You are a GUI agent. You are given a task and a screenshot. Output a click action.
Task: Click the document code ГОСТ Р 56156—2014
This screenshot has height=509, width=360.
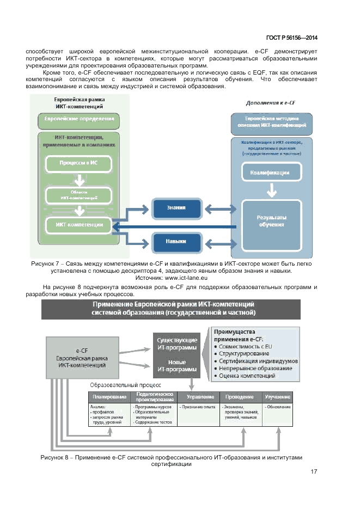tap(291, 38)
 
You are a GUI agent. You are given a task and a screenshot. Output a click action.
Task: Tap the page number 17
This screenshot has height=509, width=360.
tap(314, 471)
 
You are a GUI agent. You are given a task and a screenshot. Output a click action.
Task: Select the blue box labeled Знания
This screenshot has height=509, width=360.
tap(176, 207)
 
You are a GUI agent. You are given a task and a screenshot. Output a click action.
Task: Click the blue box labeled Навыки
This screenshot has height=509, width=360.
tap(176, 241)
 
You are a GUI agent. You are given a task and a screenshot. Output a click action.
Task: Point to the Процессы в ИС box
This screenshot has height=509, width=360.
tap(78, 163)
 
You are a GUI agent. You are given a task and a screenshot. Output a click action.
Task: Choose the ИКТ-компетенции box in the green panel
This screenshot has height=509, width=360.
tap(78, 224)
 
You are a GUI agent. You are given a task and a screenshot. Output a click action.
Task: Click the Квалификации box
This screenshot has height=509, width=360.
tap(270, 173)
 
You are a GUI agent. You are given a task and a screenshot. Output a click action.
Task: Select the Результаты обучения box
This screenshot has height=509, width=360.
tap(271, 221)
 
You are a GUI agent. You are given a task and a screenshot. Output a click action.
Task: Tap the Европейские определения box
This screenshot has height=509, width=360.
tap(79, 119)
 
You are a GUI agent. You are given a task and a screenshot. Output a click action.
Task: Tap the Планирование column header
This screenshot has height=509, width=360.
tap(109, 397)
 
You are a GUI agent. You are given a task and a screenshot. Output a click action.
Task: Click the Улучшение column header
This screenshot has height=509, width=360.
tap(277, 397)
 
